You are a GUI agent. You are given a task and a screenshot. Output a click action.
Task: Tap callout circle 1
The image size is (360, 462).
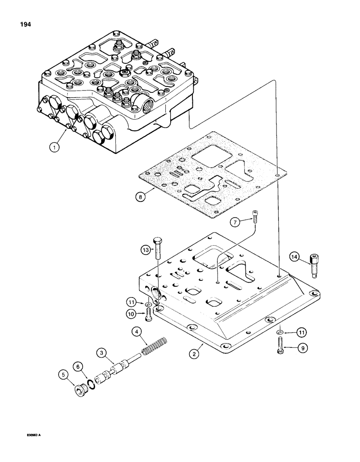(55, 148)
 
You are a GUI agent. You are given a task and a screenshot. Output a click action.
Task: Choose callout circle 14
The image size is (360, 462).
(295, 257)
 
